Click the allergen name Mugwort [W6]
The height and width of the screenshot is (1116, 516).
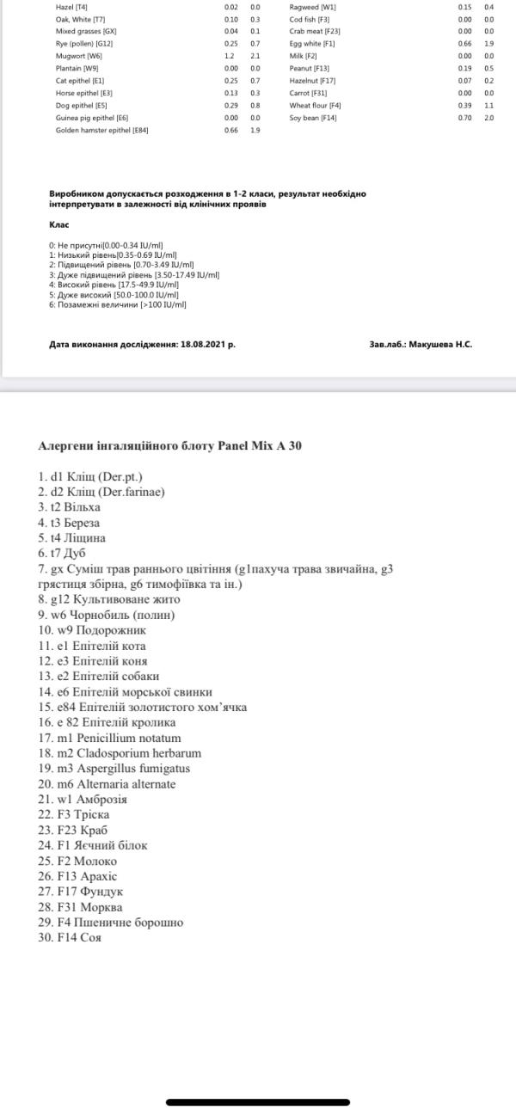click(x=79, y=55)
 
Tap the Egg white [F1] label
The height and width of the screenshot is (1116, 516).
click(x=312, y=43)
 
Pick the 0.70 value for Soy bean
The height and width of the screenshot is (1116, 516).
click(x=464, y=118)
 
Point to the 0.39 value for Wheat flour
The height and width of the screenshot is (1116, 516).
click(x=464, y=105)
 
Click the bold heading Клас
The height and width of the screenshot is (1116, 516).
click(x=59, y=224)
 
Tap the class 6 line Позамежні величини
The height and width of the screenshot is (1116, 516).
click(x=117, y=304)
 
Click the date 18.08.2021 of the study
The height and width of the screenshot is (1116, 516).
click(x=206, y=344)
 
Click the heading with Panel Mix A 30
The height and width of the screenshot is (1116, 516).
click(x=169, y=445)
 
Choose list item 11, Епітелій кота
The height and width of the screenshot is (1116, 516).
click(x=92, y=645)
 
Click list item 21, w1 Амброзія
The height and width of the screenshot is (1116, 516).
click(x=80, y=799)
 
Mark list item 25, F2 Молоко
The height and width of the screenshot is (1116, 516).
click(x=77, y=861)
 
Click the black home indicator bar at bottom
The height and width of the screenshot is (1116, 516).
click(x=258, y=1102)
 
